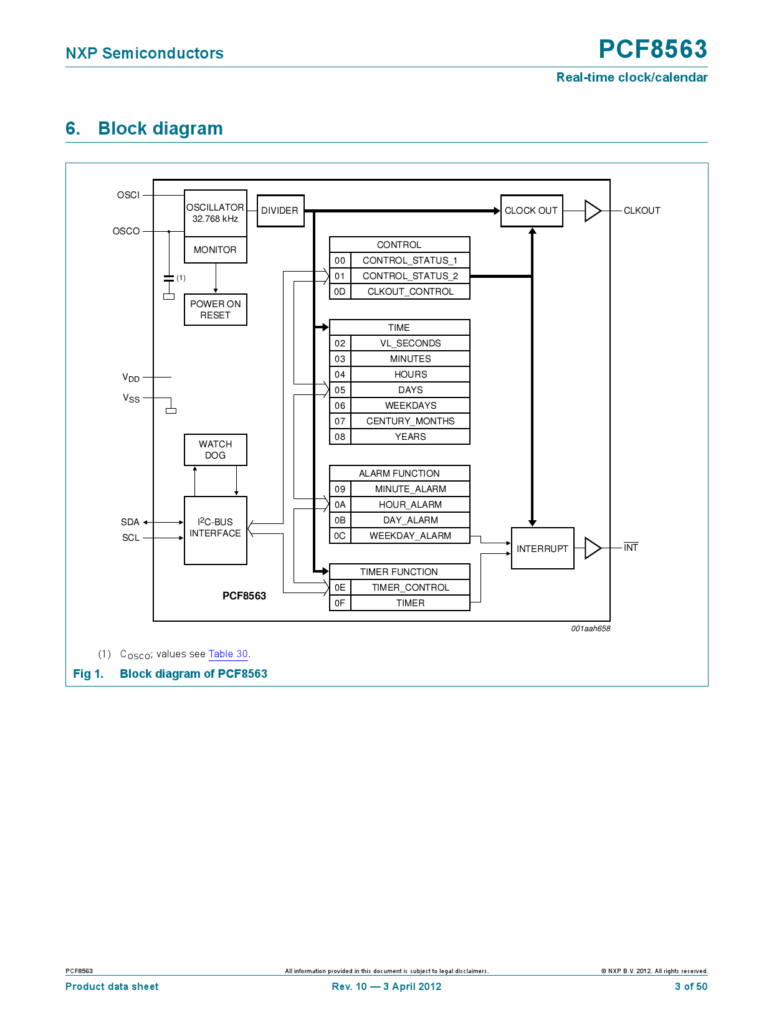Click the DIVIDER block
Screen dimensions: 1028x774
tap(280, 211)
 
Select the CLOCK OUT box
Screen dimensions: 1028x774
tap(532, 211)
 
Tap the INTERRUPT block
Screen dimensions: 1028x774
tap(542, 548)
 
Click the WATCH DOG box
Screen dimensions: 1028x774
tap(216, 450)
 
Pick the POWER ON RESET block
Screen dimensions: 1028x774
tap(216, 310)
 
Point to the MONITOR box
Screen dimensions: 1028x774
tap(216, 250)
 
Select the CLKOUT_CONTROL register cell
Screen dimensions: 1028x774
tap(410, 292)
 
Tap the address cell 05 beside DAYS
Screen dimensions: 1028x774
tap(340, 390)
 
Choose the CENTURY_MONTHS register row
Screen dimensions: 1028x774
tap(410, 421)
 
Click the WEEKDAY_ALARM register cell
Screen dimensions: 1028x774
tap(410, 536)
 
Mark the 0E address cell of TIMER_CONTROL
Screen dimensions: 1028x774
tap(340, 588)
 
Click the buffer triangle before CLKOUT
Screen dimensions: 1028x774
tap(592, 211)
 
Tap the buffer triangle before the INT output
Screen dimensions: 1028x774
tap(592, 548)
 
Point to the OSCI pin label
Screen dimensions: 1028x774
tap(128, 195)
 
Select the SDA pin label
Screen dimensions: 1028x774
tap(130, 522)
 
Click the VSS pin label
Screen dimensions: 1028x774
tap(131, 398)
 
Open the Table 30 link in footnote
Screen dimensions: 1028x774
tap(228, 654)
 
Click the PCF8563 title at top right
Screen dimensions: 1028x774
tap(652, 49)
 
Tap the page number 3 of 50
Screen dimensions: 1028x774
tap(690, 986)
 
